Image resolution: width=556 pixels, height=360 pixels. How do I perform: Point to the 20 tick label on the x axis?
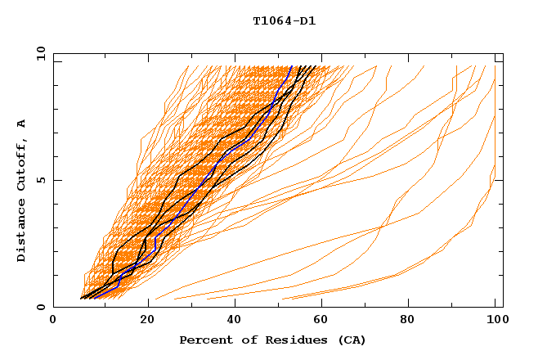pos(147,320)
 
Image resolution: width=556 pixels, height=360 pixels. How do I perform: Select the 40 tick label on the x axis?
pos(235,320)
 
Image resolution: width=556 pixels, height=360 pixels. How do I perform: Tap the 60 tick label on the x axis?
pos(324,320)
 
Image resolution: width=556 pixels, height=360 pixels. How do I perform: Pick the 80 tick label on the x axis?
pos(412,320)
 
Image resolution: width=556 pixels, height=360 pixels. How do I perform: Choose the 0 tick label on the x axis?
pos(53,320)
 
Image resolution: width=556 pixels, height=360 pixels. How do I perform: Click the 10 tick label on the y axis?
pos(37,52)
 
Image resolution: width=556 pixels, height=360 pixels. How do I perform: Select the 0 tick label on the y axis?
pos(40,307)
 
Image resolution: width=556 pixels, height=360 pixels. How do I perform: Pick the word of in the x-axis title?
pos(243,340)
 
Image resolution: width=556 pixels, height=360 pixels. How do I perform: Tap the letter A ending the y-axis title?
pos(22,124)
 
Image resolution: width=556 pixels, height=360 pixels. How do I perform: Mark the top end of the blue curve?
pos(292,66)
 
